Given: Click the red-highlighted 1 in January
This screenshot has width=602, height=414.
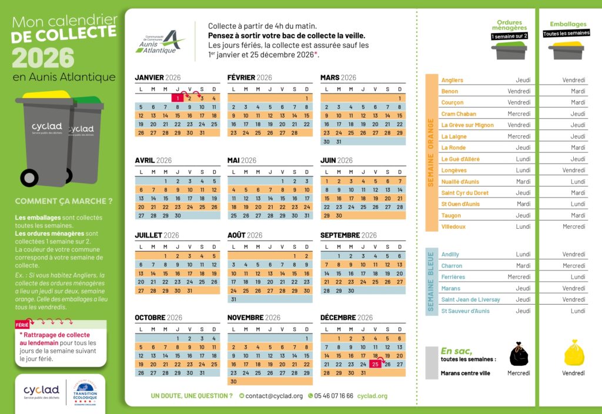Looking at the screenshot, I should (x=178, y=98).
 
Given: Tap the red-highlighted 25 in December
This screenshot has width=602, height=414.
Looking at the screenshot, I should (x=376, y=365).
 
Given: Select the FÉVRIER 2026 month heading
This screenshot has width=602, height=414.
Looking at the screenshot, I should (x=249, y=78).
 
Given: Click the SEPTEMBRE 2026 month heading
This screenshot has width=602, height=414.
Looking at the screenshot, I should (x=348, y=235).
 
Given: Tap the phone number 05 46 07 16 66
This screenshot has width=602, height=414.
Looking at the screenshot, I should (x=333, y=396).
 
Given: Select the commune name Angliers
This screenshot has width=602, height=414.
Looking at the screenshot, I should (x=452, y=80).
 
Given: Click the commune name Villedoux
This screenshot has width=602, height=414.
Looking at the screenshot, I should (x=453, y=226).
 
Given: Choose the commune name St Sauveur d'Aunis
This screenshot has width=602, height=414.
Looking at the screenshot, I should (x=465, y=311).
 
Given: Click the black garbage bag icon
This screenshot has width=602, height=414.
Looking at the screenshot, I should (x=519, y=354).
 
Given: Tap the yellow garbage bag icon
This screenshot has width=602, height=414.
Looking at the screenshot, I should (x=574, y=353).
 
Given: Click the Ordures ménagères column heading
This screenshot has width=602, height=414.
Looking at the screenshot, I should (x=509, y=25).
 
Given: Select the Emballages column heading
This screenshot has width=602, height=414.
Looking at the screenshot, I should (x=568, y=24).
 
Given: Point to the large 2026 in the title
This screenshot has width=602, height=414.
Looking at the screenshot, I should (x=43, y=58).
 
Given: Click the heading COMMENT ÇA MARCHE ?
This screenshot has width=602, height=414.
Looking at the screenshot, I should (x=63, y=201).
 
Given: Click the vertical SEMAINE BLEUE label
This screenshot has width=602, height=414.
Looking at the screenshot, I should (x=431, y=282).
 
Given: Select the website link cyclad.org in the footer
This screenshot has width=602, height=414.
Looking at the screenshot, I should (x=372, y=396).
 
